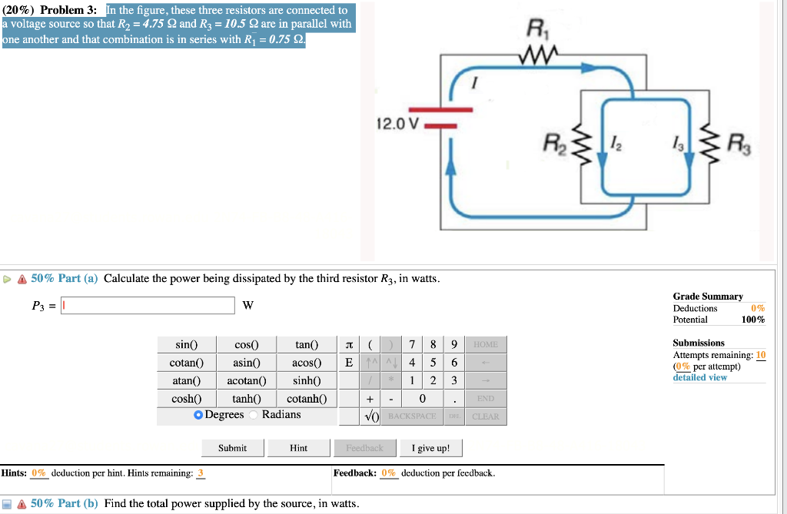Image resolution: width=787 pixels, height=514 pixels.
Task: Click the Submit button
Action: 232,448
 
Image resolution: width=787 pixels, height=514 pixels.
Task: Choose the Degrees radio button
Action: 198,415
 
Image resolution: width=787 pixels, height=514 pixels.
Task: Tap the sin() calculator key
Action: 186,345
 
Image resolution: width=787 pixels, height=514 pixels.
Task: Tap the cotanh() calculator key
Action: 306,398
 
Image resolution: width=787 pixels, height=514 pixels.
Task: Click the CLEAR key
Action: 485,416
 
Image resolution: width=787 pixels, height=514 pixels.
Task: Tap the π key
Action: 350,345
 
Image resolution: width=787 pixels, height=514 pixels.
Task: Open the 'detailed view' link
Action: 699,377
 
